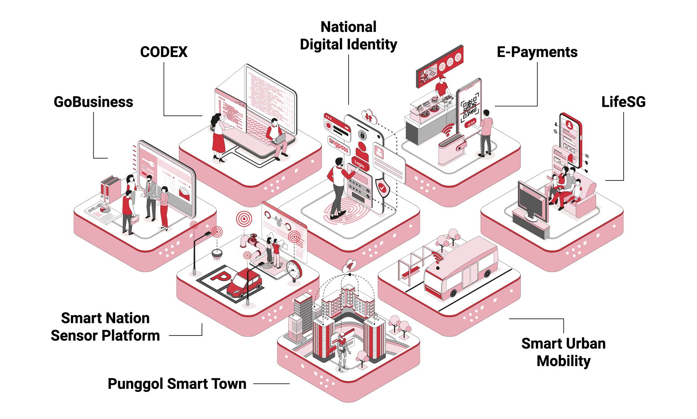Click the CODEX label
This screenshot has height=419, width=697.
coord(164,52)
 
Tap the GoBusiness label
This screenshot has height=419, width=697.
coord(93,102)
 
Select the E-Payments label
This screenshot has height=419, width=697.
coord(537,52)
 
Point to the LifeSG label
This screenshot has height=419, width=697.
coord(623,102)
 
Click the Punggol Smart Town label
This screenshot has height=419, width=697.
coord(177,384)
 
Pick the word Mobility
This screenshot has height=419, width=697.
coord(563,361)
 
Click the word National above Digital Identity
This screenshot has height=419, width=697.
coord(348,27)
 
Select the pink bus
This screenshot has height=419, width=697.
coord(461,267)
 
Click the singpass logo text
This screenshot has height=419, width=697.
coord(338,145)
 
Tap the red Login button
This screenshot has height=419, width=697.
coord(359,164)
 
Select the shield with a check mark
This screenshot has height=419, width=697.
coord(382,187)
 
